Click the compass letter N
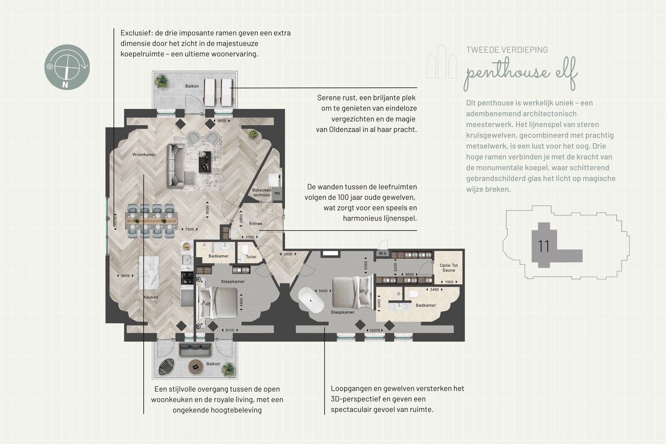65,85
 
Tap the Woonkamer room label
144,154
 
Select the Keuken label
151,297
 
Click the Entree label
256,223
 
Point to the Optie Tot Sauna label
449,268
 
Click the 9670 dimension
222,121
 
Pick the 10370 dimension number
375,330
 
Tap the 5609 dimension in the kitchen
125,276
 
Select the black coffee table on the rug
204,162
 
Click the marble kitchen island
149,273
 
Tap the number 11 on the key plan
544,246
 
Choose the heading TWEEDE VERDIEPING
507,50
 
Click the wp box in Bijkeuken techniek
277,193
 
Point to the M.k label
383,253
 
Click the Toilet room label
251,257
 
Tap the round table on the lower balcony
196,367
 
